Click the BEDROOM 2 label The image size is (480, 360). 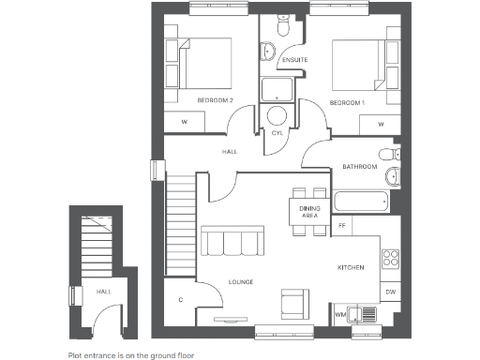[215, 99]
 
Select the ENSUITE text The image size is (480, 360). [295, 61]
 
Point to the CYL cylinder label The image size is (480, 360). [277, 133]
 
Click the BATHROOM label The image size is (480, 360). [359, 167]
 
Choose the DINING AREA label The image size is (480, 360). [309, 211]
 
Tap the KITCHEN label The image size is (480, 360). [351, 268]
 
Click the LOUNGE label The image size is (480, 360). [241, 282]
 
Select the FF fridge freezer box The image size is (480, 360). [343, 226]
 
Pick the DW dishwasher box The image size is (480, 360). [390, 292]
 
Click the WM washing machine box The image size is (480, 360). [340, 315]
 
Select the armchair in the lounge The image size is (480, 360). [294, 303]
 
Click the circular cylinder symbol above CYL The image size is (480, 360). [277, 116]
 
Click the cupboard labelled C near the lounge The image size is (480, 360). [180, 299]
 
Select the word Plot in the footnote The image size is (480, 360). [75, 355]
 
